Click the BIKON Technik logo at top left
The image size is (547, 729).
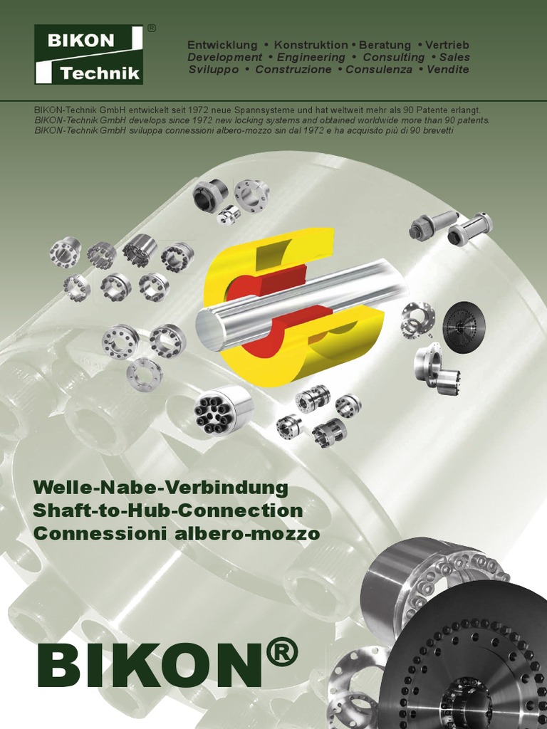pos(88,55)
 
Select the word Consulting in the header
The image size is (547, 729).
pos(393,57)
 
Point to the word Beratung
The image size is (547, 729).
pos(385,45)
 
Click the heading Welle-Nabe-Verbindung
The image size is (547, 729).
pos(161,488)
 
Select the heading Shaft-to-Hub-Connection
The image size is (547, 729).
pos(168,510)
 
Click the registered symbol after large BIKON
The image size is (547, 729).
pos(280,652)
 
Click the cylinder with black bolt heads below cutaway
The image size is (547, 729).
pos(224,409)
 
